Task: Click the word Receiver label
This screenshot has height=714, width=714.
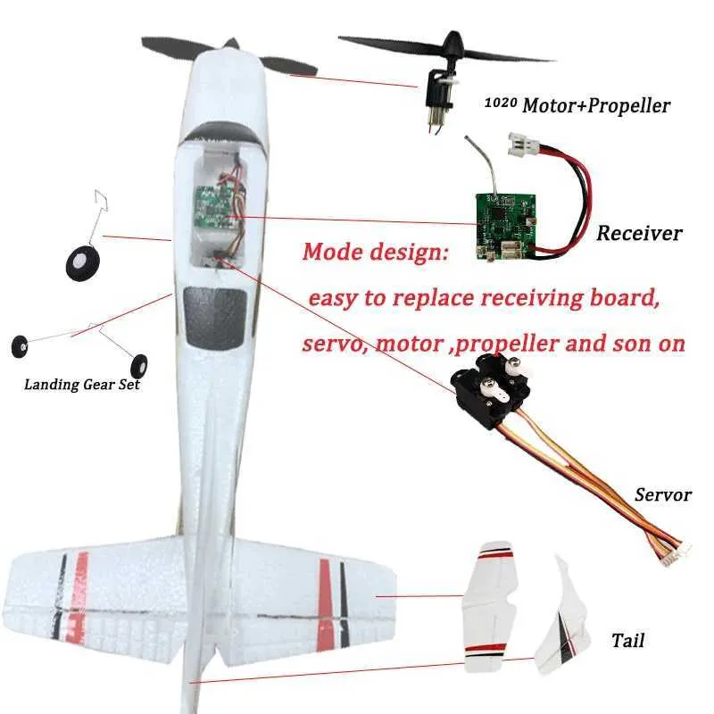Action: (x=639, y=233)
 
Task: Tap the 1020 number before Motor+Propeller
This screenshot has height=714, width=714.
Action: (x=501, y=103)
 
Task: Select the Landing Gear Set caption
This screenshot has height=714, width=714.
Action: (x=82, y=385)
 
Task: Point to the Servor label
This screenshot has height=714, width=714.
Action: (x=663, y=494)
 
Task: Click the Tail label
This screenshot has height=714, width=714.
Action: (x=627, y=640)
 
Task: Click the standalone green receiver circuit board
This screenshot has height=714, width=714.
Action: (x=506, y=227)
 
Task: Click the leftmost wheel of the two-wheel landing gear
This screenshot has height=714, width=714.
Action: (x=20, y=346)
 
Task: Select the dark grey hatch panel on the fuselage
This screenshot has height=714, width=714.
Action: (x=215, y=317)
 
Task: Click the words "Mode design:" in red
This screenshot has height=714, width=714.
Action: (x=376, y=252)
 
